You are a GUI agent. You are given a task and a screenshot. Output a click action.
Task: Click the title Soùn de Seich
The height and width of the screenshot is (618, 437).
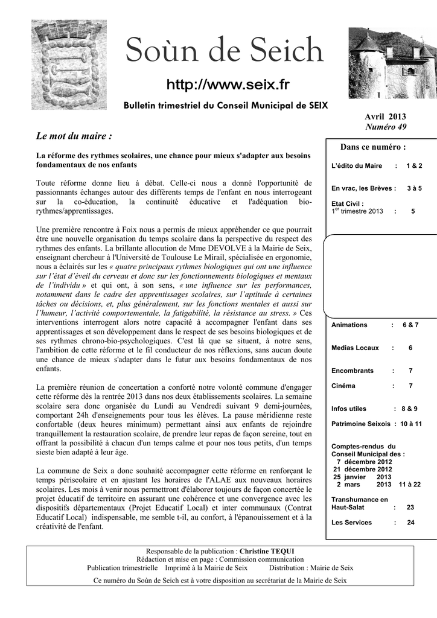[224, 50]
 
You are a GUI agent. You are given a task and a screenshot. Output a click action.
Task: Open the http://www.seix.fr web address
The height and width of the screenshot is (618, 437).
[228, 84]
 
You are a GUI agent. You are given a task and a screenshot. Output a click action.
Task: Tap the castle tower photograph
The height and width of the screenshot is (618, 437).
[392, 63]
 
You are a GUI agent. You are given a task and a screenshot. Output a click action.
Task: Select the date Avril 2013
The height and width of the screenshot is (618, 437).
[385, 116]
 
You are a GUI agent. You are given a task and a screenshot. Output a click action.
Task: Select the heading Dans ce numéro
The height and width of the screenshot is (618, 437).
[372, 147]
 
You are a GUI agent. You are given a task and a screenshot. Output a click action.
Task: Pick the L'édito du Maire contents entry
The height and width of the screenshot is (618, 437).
[357, 165]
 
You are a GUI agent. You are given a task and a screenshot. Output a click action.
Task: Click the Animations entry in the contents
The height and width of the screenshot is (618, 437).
[349, 325]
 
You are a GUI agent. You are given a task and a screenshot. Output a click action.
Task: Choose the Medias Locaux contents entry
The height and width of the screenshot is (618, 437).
[355, 348]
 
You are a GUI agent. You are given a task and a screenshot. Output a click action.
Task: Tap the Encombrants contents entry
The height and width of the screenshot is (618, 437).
[352, 371]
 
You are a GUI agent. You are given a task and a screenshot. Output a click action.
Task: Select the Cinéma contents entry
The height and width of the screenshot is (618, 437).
[343, 386]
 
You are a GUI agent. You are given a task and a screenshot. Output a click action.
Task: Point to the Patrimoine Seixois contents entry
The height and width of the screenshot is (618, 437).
[361, 424]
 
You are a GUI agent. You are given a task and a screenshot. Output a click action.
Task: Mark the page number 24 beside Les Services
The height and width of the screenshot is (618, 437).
[410, 522]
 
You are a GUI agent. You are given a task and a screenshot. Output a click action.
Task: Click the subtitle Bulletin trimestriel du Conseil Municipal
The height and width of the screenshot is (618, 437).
[226, 105]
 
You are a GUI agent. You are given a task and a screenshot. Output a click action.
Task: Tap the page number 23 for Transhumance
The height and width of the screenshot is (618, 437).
[410, 508]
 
